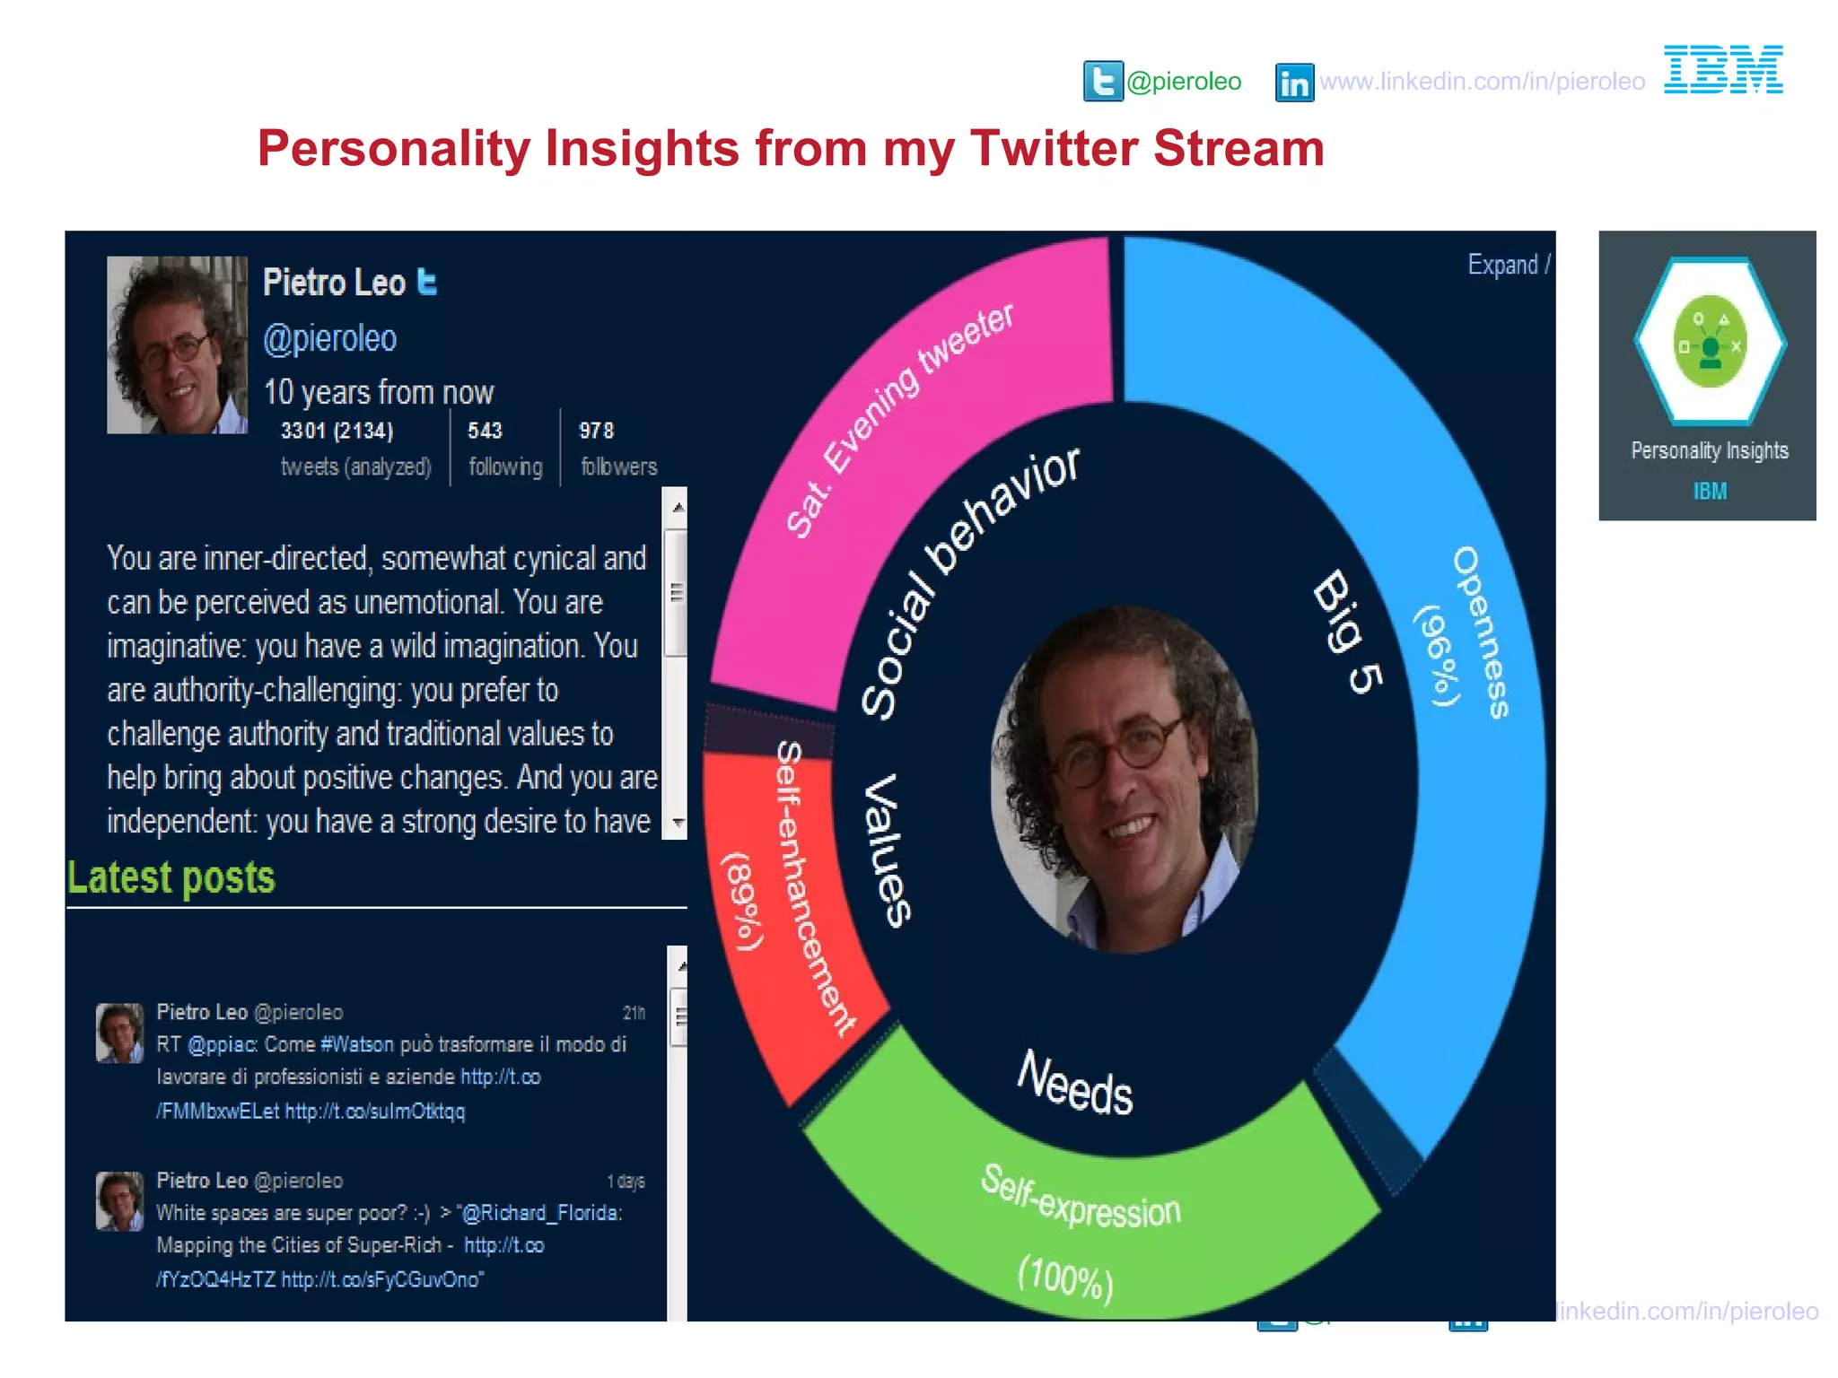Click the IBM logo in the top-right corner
coord(1723,70)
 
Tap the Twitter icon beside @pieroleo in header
coord(1103,82)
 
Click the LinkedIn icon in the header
coord(1294,83)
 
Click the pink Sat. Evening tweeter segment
coord(897,422)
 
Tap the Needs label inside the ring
coord(1074,1084)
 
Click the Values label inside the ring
coord(887,850)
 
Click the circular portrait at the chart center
coord(1124,779)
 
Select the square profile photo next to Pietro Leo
coord(177,345)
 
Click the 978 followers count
coord(597,431)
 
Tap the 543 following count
coord(485,431)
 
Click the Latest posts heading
coord(171,877)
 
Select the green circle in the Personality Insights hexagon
coord(1711,342)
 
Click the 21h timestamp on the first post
coord(634,1013)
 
